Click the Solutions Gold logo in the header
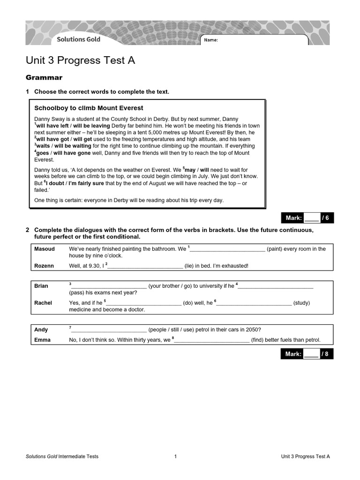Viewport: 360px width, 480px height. pos(78,39)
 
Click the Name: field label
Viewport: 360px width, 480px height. pos(211,40)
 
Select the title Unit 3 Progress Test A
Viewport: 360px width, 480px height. pos(80,60)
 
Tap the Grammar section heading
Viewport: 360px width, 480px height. pos(44,77)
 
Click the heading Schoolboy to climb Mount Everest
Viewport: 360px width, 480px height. pos(89,108)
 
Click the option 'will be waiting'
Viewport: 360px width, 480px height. pos(74,146)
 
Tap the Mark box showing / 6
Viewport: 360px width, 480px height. pos(307,218)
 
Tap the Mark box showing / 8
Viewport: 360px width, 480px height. pos(307,354)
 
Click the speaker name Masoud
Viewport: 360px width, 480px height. pos(45,249)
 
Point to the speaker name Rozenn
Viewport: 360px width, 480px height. pos(44,266)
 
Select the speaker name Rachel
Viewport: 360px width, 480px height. pos(43,303)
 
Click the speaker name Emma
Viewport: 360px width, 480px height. pos(42,340)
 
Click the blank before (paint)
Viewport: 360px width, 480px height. pos(227,249)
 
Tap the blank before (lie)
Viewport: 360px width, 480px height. pos(145,266)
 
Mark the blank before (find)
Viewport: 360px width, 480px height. pos(211,341)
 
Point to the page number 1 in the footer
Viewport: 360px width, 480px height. pos(175,456)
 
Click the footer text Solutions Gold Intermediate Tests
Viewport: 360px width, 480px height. pos(62,456)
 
